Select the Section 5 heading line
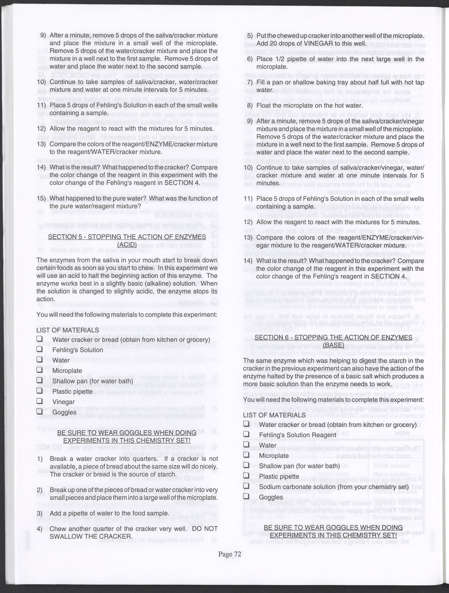pyautogui.click(x=127, y=237)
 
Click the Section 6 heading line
pyautogui.click(x=333, y=337)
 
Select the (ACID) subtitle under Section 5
pyautogui.click(x=127, y=244)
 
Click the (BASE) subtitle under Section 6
pyautogui.click(x=333, y=345)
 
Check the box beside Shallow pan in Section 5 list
pyautogui.click(x=40, y=380)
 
